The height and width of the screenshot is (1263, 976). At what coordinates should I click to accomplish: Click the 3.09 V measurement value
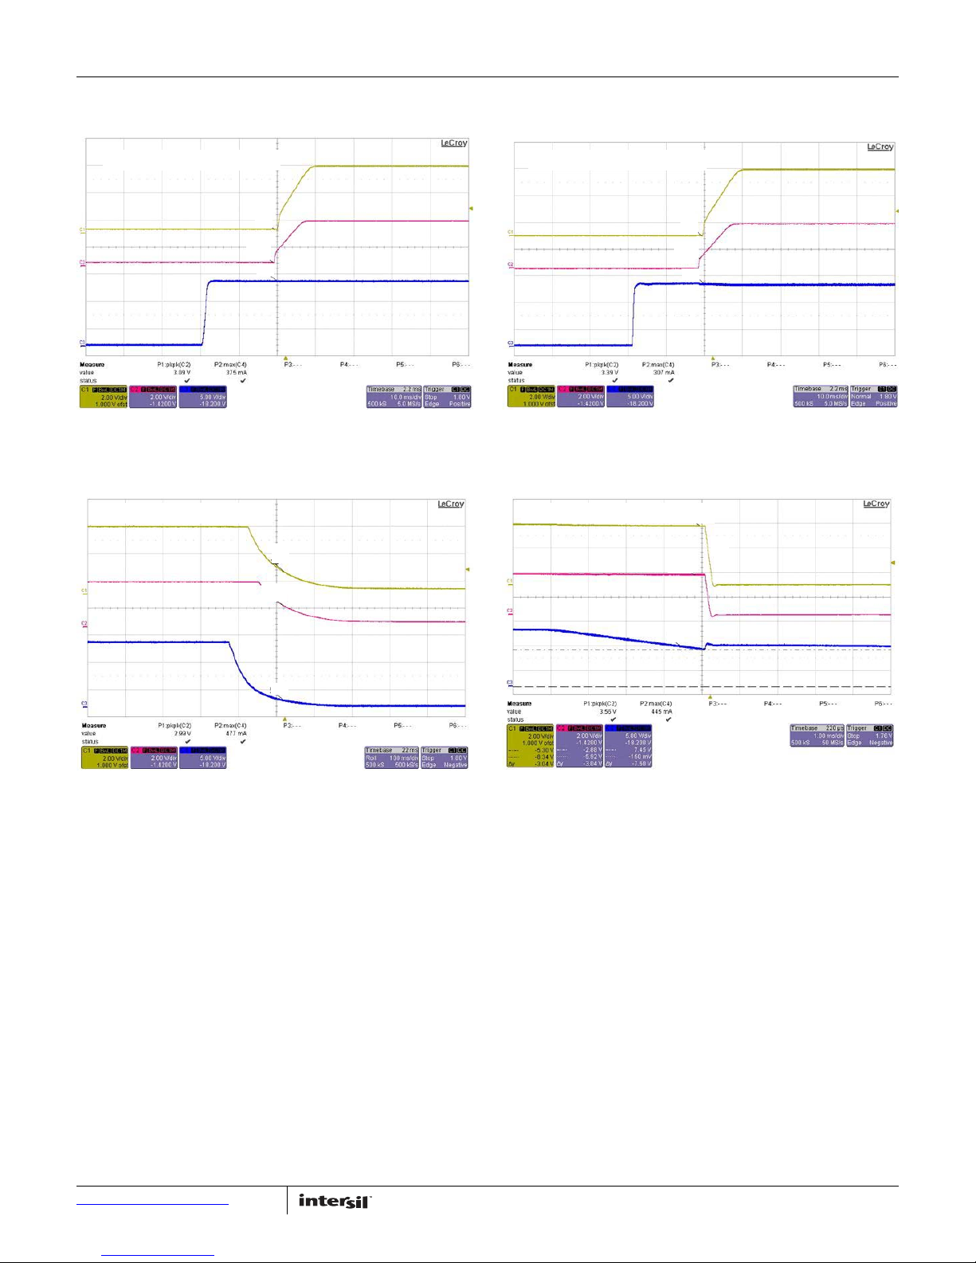182,372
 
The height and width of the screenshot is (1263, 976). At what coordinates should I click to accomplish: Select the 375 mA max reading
236,372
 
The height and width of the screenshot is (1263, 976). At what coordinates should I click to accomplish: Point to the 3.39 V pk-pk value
609,372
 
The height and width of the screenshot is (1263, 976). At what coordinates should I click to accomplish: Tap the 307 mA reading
664,372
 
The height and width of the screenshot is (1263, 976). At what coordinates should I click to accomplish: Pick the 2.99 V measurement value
182,733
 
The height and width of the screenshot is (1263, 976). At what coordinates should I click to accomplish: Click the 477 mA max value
236,733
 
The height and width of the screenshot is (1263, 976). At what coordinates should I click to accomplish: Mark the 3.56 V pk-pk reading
608,712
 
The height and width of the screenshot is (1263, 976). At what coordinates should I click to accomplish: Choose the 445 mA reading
661,712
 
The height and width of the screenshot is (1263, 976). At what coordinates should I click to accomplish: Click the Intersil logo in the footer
335,1201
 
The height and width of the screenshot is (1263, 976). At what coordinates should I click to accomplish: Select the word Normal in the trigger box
860,396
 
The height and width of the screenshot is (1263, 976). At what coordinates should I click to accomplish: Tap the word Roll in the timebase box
371,758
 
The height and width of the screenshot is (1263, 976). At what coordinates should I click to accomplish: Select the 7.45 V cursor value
641,750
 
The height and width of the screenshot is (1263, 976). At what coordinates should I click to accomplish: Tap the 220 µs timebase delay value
833,728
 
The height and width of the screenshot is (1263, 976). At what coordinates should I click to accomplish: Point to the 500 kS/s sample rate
406,765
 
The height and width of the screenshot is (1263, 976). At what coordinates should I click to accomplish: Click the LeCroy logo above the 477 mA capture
450,504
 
